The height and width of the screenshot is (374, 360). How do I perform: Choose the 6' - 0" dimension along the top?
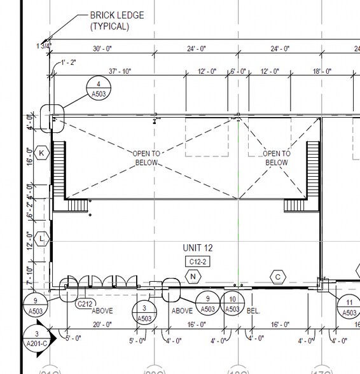tap(239, 71)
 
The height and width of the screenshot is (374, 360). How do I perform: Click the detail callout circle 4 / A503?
tap(99, 89)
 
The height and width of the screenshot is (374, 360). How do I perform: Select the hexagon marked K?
tap(42, 153)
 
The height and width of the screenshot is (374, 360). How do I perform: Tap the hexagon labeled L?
tap(42, 239)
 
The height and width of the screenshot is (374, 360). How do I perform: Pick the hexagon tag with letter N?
tap(192, 277)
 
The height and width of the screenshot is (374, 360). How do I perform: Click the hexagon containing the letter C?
tap(277, 277)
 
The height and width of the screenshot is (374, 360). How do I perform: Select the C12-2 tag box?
tap(197, 261)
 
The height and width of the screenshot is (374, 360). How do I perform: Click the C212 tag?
tap(85, 304)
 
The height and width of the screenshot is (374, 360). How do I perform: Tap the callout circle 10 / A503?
tap(233, 304)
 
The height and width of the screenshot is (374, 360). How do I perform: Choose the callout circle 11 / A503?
tap(350, 307)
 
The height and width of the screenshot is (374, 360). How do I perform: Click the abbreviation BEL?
tap(253, 311)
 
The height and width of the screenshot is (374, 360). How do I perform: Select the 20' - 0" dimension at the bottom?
tap(102, 324)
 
